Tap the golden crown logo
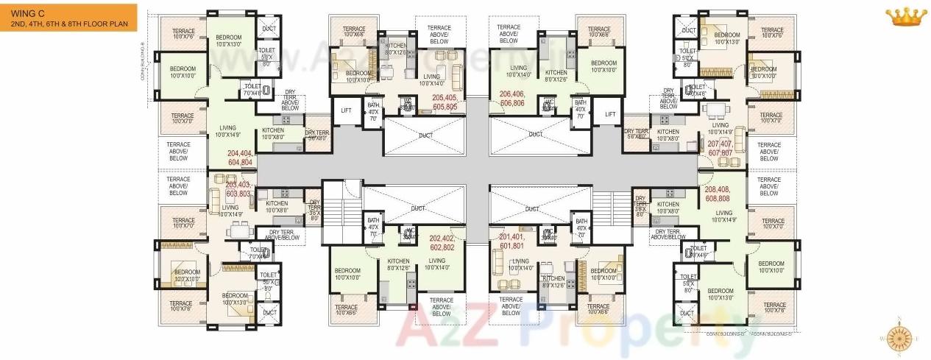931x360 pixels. pyautogui.click(x=906, y=15)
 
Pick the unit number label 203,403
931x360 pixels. pyautogui.click(x=240, y=188)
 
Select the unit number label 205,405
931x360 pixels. pyautogui.click(x=445, y=102)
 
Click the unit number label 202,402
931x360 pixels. pyautogui.click(x=443, y=243)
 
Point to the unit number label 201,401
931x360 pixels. pyautogui.click(x=511, y=241)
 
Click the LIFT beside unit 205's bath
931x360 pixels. pyautogui.click(x=346, y=110)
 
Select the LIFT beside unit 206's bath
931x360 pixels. pyautogui.click(x=609, y=114)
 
